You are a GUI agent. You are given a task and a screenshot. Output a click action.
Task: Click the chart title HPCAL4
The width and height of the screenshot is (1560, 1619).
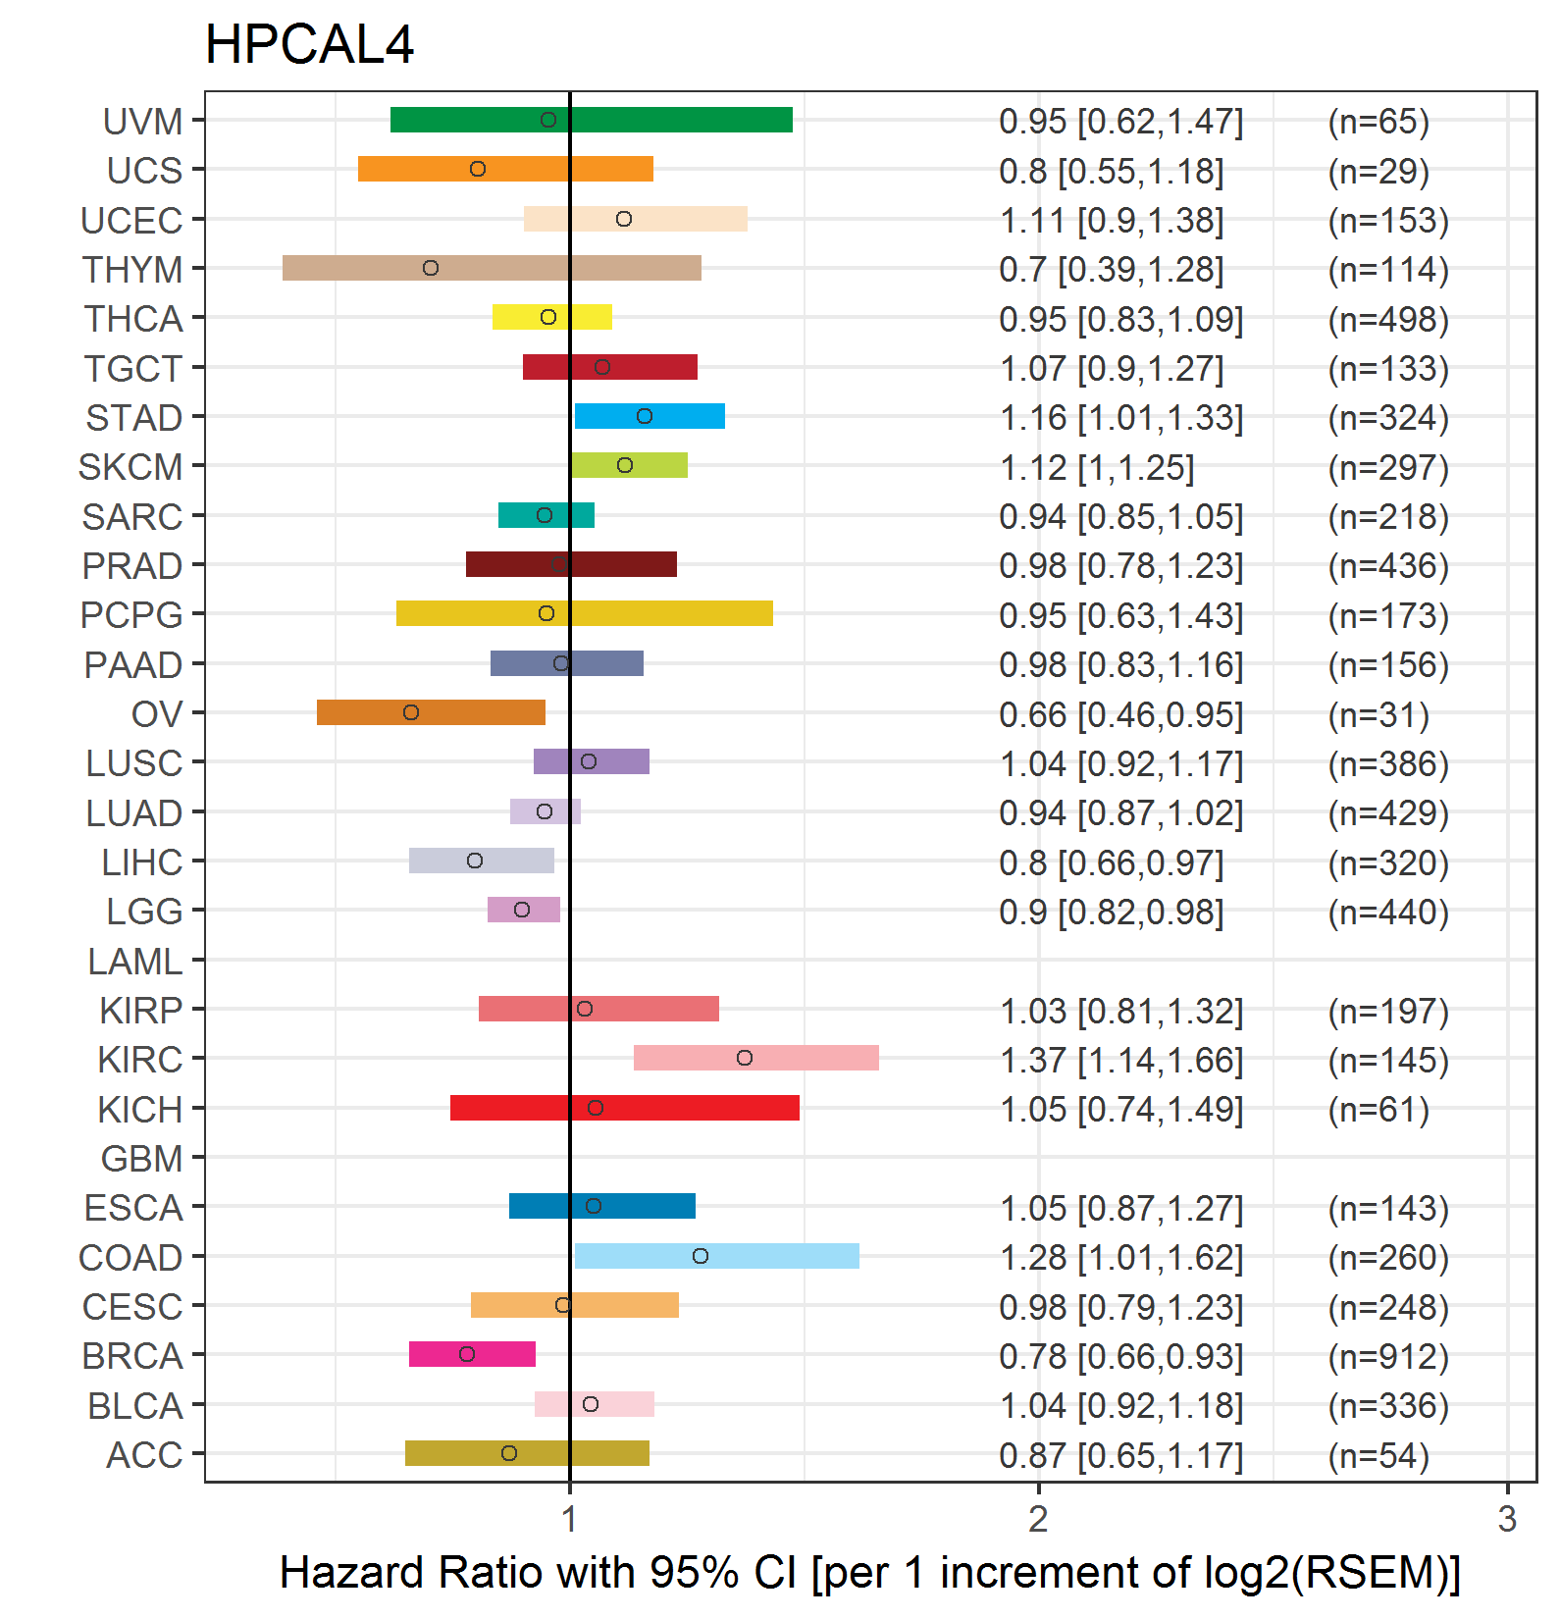309,45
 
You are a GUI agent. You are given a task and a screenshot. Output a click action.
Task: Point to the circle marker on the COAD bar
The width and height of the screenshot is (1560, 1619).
701,1256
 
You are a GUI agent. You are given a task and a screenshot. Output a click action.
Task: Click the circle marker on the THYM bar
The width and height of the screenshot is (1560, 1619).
431,268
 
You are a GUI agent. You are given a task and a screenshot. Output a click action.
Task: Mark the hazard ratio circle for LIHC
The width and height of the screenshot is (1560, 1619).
475,861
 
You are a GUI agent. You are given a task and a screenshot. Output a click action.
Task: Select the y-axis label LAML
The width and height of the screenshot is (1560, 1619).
134,962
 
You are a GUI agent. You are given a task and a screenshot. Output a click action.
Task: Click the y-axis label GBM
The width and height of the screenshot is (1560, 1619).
141,1159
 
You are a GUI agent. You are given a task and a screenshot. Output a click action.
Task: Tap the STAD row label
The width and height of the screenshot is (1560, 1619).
133,418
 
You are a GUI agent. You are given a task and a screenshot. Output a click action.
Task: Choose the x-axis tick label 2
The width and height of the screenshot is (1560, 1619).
1038,1519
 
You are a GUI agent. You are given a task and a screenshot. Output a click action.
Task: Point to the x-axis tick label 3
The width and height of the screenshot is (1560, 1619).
1507,1519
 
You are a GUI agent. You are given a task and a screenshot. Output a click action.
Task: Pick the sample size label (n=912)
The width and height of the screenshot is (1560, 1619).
1388,1356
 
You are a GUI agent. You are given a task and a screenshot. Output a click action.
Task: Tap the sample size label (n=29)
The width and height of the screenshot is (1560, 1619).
1378,172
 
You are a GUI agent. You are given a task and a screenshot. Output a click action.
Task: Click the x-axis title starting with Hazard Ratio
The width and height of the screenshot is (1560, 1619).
869,1572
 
